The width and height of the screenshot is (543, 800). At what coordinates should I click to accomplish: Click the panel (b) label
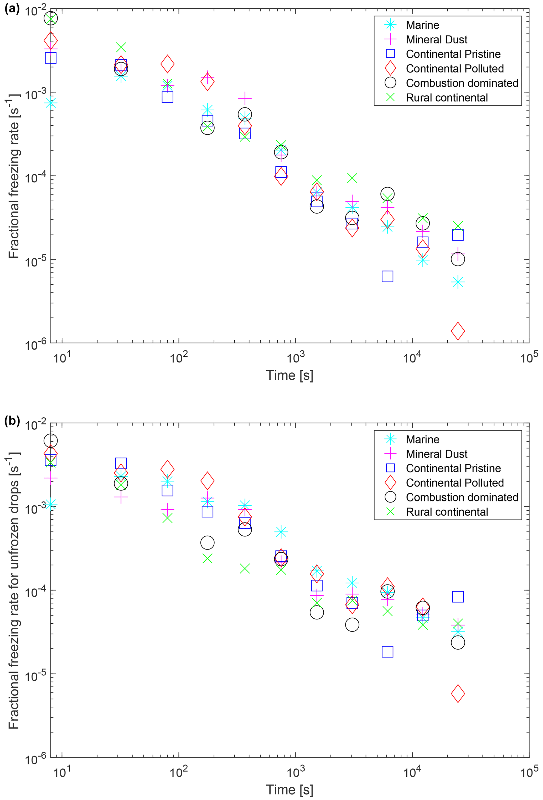12,421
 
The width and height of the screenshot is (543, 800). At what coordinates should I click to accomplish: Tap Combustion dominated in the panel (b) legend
462,497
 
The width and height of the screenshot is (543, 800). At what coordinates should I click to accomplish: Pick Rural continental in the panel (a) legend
447,98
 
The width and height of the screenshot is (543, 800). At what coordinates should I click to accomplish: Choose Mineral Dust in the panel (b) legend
436,454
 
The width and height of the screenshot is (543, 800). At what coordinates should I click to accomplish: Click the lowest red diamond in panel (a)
458,331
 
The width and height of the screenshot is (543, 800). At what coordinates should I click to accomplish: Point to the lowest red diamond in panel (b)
458,693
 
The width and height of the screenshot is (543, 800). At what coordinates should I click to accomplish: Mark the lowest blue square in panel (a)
387,276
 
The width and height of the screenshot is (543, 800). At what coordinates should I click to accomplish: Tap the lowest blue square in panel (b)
387,652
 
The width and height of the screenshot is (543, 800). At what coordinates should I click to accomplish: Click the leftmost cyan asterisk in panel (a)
51,102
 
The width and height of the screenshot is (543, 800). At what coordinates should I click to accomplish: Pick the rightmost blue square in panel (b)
458,597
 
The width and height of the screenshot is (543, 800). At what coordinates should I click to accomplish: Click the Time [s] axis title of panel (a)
289,375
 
